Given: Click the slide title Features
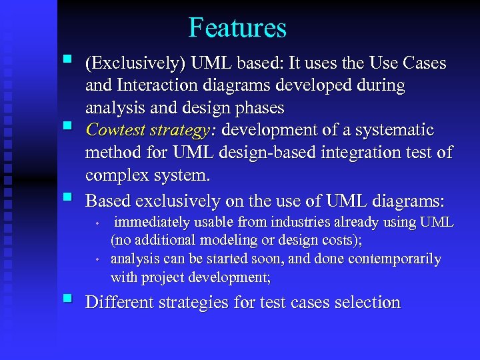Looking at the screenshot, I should (x=237, y=28).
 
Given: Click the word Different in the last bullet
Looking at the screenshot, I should (x=121, y=303).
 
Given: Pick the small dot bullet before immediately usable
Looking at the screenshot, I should (x=97, y=223).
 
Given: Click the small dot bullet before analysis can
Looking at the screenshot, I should (x=97, y=259).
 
